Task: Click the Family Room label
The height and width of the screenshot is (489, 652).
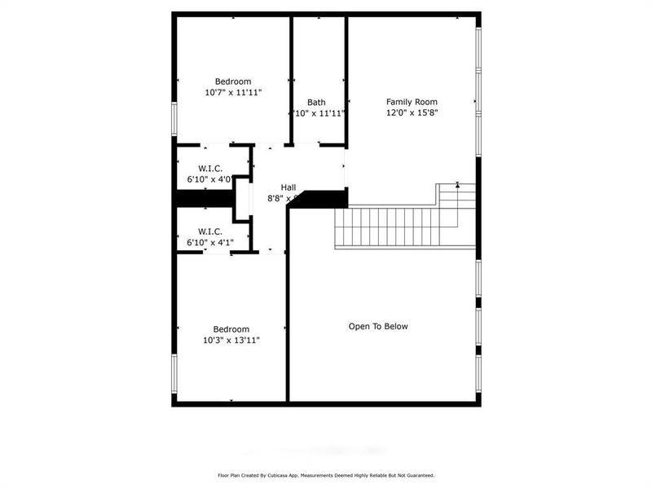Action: [x=412, y=102]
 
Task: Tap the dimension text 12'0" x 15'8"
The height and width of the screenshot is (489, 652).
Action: [x=412, y=113]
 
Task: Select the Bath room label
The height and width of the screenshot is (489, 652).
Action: [x=316, y=102]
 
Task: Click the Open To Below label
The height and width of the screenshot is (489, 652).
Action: [x=378, y=326]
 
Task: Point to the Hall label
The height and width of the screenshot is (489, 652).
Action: [x=289, y=187]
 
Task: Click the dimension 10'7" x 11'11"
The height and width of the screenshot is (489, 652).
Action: [x=233, y=93]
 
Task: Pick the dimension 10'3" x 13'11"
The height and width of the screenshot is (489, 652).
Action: [x=231, y=340]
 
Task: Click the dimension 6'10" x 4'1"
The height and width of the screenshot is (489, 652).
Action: [x=210, y=242]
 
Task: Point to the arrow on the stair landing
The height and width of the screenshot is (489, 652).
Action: [x=457, y=186]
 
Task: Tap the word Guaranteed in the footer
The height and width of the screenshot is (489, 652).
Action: [x=416, y=475]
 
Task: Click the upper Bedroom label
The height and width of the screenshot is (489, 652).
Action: [x=233, y=81]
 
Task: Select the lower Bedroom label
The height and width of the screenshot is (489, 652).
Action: [x=231, y=328]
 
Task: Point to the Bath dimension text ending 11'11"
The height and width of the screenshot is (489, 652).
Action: [x=318, y=113]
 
